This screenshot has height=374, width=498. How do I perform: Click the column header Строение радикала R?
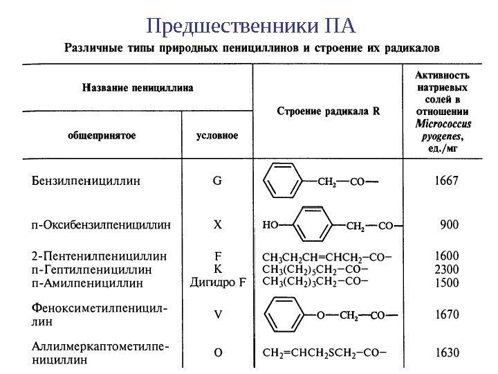click(x=329, y=110)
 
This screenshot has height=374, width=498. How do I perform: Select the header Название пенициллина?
click(x=138, y=88)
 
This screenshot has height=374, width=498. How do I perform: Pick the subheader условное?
click(x=218, y=136)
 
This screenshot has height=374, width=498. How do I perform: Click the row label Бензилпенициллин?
click(x=86, y=181)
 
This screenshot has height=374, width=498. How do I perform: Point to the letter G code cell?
click(x=217, y=181)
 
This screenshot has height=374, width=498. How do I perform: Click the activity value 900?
click(x=450, y=224)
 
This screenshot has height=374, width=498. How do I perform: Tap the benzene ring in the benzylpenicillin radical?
click(x=280, y=182)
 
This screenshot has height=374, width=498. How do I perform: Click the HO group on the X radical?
click(x=270, y=225)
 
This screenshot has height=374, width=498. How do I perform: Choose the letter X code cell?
click(x=217, y=225)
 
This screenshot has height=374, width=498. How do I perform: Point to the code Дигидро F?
click(x=218, y=282)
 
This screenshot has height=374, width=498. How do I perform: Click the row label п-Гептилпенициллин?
click(x=92, y=270)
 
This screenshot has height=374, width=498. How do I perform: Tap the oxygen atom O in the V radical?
click(x=320, y=315)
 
